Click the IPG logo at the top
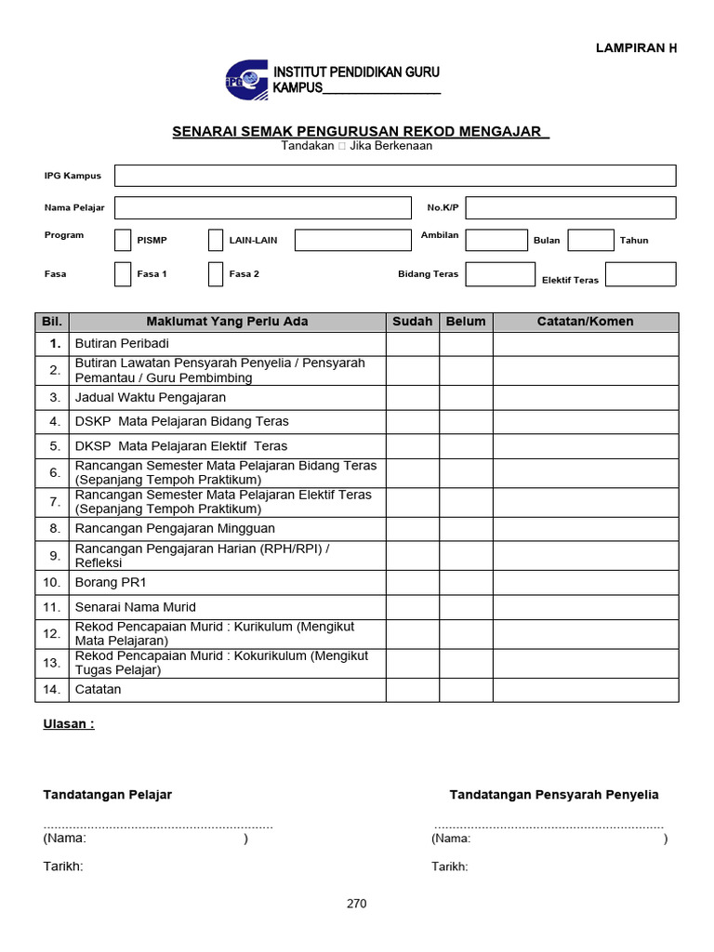click(245, 80)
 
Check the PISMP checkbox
click(123, 240)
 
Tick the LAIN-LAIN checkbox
click(216, 240)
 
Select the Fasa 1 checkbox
click(123, 274)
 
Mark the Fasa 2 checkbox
click(216, 274)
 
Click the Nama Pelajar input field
click(262, 207)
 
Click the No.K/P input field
click(570, 207)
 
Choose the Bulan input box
click(590, 240)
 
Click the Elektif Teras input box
click(640, 274)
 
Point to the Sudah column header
click(413, 322)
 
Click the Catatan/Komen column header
click(586, 322)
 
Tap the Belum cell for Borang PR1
click(466, 583)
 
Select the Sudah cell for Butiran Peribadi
click(413, 344)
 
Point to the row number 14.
click(52, 690)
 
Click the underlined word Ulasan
click(68, 724)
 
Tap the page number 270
click(357, 904)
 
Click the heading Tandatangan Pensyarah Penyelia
click(554, 795)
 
